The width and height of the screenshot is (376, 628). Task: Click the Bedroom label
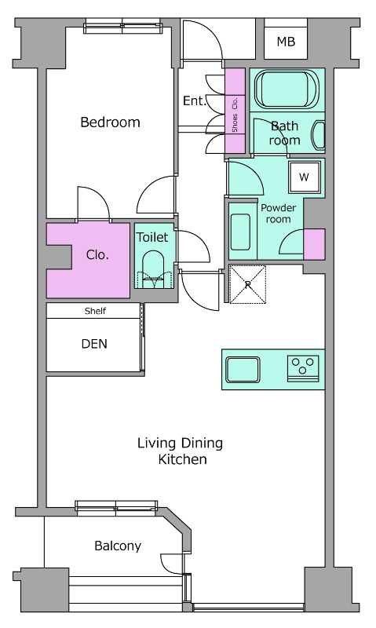(x=110, y=122)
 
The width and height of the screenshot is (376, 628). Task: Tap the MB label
(x=286, y=42)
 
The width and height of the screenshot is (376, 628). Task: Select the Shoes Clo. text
(x=235, y=115)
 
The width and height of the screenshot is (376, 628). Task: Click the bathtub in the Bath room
(x=287, y=89)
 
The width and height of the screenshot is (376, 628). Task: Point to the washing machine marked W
(x=305, y=177)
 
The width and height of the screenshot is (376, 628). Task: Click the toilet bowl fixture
(x=153, y=269)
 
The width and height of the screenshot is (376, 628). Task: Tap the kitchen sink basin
(x=243, y=369)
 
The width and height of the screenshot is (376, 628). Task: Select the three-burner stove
(x=303, y=368)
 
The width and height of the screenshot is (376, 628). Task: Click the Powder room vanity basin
(x=240, y=230)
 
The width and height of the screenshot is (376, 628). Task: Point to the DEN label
(x=94, y=344)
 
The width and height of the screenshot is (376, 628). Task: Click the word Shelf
(x=95, y=311)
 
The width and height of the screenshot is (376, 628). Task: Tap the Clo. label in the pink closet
(x=97, y=254)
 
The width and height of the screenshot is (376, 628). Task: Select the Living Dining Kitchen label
(x=181, y=451)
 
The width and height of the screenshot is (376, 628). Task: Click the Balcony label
(x=118, y=546)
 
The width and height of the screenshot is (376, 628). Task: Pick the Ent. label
(x=194, y=100)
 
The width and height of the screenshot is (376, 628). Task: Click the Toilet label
(x=152, y=237)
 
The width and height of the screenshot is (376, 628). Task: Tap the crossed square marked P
(x=247, y=284)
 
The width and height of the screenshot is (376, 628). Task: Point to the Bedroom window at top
(x=124, y=27)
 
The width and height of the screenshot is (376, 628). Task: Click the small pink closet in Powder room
(x=314, y=244)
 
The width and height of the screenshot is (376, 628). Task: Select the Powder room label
(x=279, y=214)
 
